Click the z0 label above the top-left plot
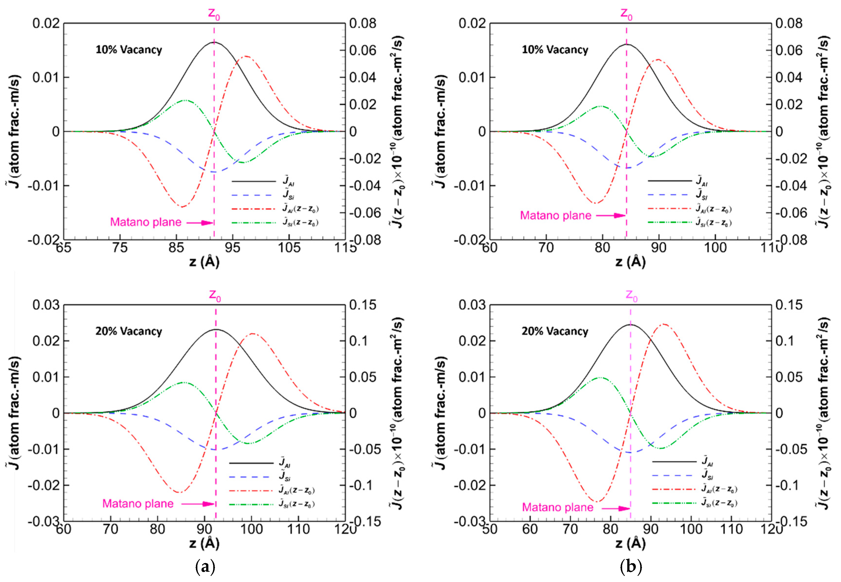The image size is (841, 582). click(x=214, y=14)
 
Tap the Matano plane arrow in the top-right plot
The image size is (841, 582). click(x=611, y=215)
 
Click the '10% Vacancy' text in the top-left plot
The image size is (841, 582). click(x=129, y=50)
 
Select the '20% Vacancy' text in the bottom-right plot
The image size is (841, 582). click(x=554, y=331)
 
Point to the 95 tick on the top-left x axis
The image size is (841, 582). click(x=233, y=248)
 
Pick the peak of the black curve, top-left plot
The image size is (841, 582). click(x=214, y=42)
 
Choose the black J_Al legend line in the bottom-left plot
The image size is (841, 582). click(x=251, y=463)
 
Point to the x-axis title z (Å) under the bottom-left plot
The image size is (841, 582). click(x=204, y=543)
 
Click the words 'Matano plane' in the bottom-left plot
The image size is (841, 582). click(x=138, y=504)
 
